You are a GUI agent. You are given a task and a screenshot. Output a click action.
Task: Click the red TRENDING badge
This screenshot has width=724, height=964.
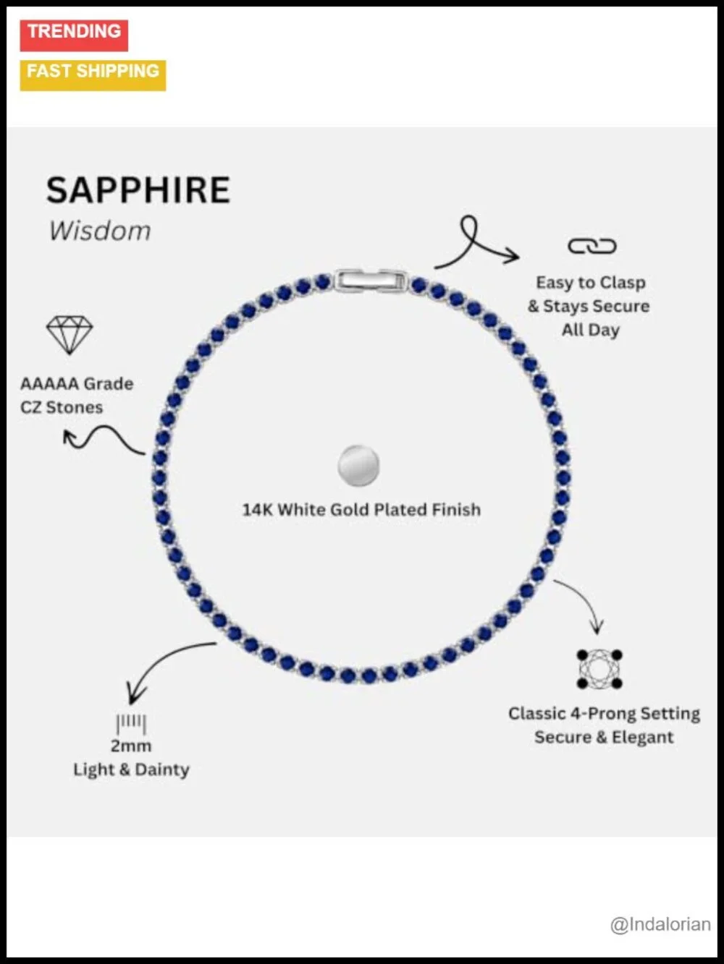tap(74, 35)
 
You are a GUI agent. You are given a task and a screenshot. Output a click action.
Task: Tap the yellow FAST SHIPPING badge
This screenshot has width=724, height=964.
tap(93, 75)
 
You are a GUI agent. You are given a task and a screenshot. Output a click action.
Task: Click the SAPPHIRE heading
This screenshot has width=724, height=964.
tap(138, 190)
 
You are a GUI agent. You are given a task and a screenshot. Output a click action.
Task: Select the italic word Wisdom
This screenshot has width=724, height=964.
tap(100, 231)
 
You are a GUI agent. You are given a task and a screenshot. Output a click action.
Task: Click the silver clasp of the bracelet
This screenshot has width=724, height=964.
tap(371, 281)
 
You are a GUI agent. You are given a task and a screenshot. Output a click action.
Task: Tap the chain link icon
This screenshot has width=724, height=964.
tap(592, 246)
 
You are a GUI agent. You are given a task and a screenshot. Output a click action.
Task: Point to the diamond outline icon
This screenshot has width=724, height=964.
tap(70, 335)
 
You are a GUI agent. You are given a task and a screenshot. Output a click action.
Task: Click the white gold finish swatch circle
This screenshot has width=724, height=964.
tap(358, 466)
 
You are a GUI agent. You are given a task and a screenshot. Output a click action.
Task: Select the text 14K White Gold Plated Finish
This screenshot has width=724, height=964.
tap(361, 510)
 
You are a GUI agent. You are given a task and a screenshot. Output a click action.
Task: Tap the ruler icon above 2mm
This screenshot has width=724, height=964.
tap(131, 724)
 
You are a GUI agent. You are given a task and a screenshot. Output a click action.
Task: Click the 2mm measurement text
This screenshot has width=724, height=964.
tap(131, 746)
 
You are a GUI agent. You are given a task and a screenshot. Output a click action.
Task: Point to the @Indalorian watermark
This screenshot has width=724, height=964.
tap(660, 924)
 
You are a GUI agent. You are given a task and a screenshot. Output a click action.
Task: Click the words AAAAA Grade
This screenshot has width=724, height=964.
tap(77, 384)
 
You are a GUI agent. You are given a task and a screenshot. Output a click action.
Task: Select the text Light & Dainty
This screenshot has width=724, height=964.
tap(131, 769)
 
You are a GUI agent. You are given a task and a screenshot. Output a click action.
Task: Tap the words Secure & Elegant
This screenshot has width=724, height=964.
tap(604, 737)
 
